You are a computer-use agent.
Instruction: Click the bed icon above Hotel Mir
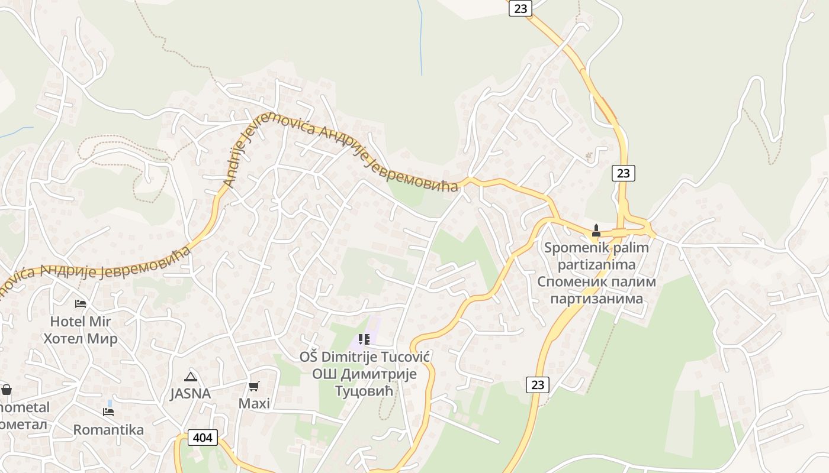click(81, 304)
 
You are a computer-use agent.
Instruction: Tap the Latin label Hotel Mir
click(81, 322)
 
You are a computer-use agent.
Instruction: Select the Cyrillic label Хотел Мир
click(81, 339)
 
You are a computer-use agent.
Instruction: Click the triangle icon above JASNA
click(190, 377)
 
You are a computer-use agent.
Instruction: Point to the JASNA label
click(190, 394)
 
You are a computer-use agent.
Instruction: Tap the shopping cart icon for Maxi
click(254, 387)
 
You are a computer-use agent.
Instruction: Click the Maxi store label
click(254, 404)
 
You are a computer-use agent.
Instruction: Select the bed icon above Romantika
click(108, 412)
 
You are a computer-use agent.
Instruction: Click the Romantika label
click(108, 430)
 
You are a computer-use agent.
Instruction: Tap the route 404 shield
click(203, 438)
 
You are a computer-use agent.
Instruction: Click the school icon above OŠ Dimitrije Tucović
click(364, 339)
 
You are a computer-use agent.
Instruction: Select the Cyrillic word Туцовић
click(364, 391)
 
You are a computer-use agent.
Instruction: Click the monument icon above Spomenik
click(596, 231)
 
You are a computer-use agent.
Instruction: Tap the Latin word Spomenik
click(572, 248)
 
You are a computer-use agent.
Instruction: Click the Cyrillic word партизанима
click(596, 299)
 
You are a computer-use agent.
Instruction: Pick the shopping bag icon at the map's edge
click(7, 390)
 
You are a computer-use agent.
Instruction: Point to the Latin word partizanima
click(596, 264)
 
